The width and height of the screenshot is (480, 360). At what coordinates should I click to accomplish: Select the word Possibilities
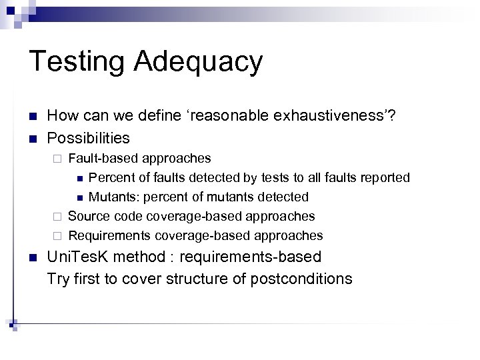pos(88,138)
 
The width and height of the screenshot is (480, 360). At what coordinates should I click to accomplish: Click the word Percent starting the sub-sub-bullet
pos(110,177)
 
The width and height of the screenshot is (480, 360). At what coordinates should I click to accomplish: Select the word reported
pos(386,177)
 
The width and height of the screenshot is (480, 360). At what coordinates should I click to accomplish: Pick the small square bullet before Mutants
pos(79,197)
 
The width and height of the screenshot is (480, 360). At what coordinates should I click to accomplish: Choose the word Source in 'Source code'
pos(89,216)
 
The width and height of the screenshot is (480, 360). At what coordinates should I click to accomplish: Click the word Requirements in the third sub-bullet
pos(109,235)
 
